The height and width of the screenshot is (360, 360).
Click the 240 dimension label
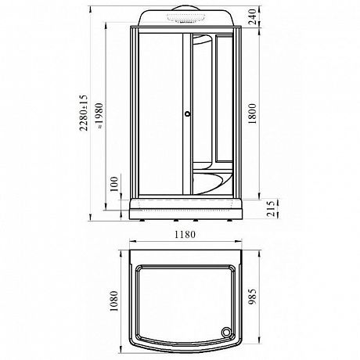tap(252, 16)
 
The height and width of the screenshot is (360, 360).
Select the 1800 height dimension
tap(252, 113)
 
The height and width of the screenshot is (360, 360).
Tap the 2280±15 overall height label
tap(84, 113)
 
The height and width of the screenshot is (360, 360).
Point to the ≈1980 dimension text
tap(99, 116)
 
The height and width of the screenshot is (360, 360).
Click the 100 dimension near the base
tap(114, 184)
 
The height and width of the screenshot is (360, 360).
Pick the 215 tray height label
tap(272, 208)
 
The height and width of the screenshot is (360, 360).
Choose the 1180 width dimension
tap(185, 235)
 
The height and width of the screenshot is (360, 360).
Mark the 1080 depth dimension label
tap(114, 301)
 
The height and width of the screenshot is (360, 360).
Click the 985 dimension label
tap(252, 297)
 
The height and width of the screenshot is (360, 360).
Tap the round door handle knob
tap(187, 113)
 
